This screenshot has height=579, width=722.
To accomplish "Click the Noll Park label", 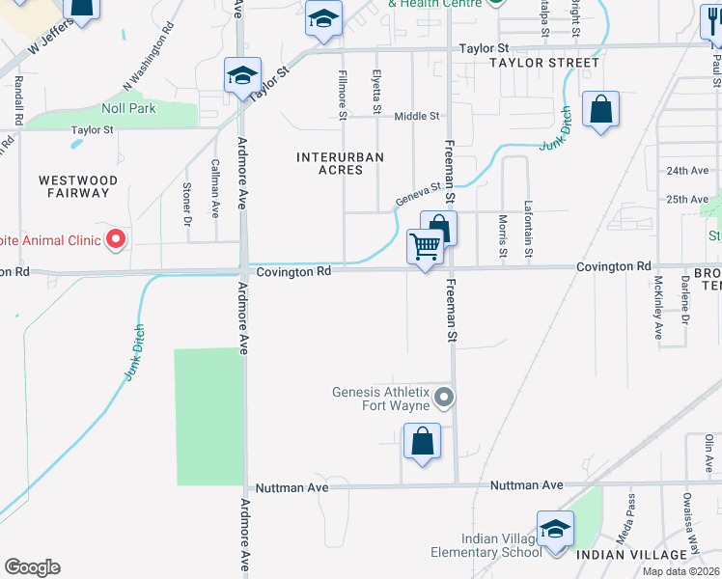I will (128, 109).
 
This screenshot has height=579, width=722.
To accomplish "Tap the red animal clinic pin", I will (117, 238).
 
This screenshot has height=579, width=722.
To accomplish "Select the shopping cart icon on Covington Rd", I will (425, 247).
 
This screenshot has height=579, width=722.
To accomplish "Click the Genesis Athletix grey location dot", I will (444, 397).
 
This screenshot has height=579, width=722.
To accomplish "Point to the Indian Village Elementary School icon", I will (555, 530).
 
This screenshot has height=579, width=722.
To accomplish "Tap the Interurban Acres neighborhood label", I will (340, 163).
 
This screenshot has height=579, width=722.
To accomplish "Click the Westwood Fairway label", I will (78, 186).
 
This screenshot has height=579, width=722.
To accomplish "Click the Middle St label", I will (417, 116).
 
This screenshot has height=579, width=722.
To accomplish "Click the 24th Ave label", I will (687, 171).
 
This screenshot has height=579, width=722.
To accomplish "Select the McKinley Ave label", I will (658, 309).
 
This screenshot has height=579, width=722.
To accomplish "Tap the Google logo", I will (32, 567).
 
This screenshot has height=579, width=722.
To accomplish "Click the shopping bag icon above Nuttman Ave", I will (422, 443).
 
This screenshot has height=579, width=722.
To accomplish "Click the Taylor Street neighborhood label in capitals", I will (543, 63).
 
